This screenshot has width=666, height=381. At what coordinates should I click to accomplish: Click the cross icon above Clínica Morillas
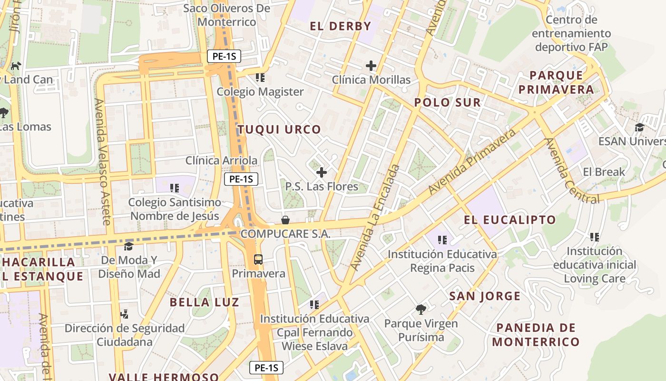[371, 66]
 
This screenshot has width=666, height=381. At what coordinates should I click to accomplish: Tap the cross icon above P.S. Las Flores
[322, 172]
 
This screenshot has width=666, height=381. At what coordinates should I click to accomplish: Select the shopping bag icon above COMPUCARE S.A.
[285, 220]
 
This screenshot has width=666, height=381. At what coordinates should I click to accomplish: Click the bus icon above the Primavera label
[258, 260]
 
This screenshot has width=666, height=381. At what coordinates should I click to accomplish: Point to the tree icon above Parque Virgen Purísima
[421, 310]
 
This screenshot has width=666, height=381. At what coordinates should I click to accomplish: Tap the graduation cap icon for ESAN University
[639, 128]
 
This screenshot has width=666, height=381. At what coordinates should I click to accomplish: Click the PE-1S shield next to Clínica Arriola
[241, 179]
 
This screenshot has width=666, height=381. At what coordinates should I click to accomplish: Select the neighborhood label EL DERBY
[340, 26]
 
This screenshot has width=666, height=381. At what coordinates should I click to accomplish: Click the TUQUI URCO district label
[279, 130]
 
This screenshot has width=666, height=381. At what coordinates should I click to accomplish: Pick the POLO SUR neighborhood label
[447, 102]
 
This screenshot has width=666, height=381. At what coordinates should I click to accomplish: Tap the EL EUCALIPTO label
[509, 220]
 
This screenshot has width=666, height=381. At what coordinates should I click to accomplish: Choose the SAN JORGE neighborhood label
[485, 296]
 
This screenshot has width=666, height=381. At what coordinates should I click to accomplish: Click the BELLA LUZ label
[204, 302]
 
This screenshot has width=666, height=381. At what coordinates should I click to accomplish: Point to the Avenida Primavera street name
[472, 162]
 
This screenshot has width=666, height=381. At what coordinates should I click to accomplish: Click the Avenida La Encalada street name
[376, 217]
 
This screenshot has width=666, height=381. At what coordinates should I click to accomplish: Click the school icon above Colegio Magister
[260, 77]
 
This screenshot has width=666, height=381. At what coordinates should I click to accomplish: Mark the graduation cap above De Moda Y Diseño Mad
[128, 246]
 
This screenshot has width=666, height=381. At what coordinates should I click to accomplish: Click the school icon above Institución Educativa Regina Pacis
[442, 240]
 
